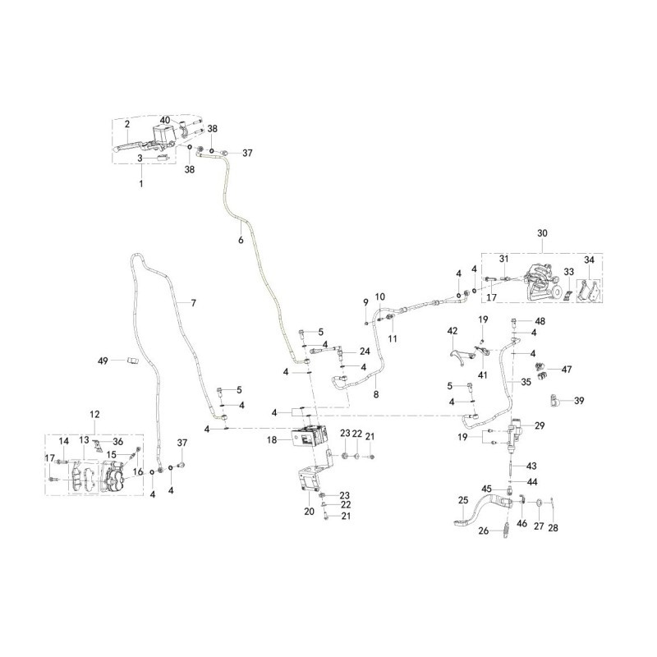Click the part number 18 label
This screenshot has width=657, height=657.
point(272,440)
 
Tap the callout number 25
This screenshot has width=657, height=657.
point(463,500)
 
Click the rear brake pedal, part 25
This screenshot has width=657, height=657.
point(482,509)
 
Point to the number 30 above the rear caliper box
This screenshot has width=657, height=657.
point(542,233)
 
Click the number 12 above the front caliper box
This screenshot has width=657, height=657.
point(94,414)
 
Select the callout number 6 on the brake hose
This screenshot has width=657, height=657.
point(241,241)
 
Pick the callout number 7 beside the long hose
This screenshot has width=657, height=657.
point(193,302)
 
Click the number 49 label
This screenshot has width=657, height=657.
point(103,361)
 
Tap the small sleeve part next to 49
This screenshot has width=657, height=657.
point(132,361)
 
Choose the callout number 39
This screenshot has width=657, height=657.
point(579,401)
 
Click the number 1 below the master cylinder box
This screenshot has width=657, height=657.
point(141,183)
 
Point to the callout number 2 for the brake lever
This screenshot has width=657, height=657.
point(127,124)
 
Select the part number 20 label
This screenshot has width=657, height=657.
point(310,511)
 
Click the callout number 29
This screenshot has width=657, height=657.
point(540,425)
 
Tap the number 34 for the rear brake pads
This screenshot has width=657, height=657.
point(589,260)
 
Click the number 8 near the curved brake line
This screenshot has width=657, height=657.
point(376,394)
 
